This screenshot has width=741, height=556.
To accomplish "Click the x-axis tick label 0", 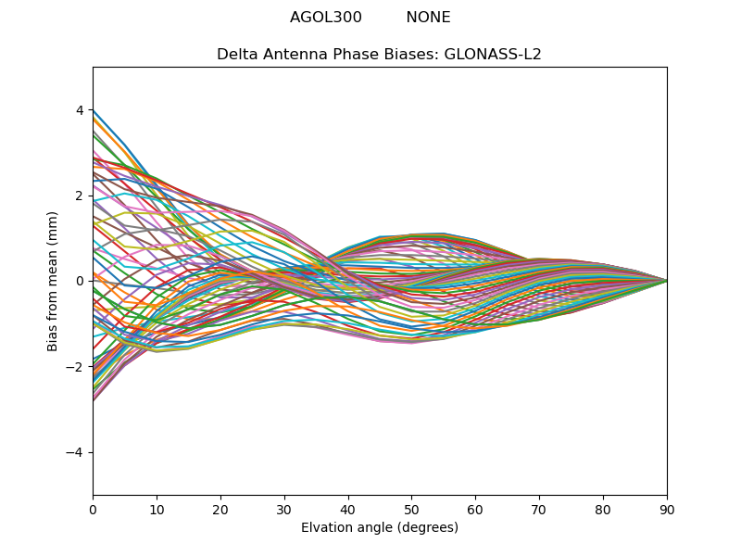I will pyautogui.click(x=93, y=509).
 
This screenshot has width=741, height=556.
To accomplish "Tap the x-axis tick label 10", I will pyautogui.click(x=157, y=509).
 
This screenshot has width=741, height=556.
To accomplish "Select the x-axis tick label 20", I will pyautogui.click(x=220, y=509).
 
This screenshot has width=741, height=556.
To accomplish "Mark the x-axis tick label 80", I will pyautogui.click(x=603, y=509).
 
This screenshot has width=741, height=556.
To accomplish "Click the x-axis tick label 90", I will pyautogui.click(x=667, y=509).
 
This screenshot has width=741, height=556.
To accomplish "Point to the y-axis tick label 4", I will pyautogui.click(x=80, y=110).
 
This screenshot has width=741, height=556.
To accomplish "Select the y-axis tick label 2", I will pyautogui.click(x=80, y=196).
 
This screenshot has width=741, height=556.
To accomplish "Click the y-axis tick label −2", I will pyautogui.click(x=76, y=367).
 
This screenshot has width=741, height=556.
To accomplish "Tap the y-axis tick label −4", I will pyautogui.click(x=76, y=452).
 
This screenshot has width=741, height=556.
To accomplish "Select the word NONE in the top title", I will pyautogui.click(x=428, y=18).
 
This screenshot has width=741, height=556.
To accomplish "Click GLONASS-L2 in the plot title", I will pyautogui.click(x=493, y=55).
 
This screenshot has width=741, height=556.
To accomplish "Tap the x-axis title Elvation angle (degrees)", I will pyautogui.click(x=380, y=527).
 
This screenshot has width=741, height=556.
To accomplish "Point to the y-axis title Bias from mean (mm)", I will pyautogui.click(x=53, y=281).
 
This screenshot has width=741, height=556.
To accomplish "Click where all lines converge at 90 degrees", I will pyautogui.click(x=667, y=281).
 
